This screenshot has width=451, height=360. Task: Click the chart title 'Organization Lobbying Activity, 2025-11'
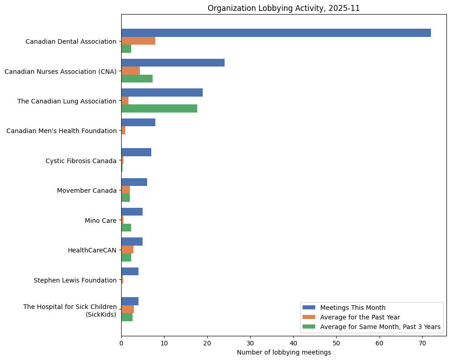pos(283,8)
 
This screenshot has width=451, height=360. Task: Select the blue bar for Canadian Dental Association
pos(276,33)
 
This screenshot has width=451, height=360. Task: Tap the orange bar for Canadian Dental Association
pos(138,41)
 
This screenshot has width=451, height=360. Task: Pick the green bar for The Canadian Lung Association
pos(159,108)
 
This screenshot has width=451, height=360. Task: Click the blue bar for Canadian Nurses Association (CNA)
pos(173,63)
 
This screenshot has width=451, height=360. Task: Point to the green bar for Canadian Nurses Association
pos(137,79)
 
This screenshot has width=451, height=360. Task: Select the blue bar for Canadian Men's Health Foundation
pos(138,123)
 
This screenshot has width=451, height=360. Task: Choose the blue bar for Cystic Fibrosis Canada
pos(136,152)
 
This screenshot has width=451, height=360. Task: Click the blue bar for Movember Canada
pos(134,182)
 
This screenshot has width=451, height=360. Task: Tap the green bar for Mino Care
pos(126,228)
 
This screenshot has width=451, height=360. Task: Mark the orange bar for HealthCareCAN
pos(127,250)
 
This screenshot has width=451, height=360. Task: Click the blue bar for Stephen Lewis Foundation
pos(130,272)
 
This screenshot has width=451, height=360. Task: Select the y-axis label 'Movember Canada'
pos(87,190)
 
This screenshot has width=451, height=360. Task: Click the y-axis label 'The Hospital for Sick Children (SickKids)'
pos(70,310)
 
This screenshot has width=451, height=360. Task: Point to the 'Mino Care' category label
pos(100,221)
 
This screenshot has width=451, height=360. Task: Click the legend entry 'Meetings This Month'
pos(353,308)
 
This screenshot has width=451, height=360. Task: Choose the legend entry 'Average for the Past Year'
pos(360,317)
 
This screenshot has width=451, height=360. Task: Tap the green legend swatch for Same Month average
pos(309,327)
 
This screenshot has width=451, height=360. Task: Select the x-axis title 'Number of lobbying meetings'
pos(283,352)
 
